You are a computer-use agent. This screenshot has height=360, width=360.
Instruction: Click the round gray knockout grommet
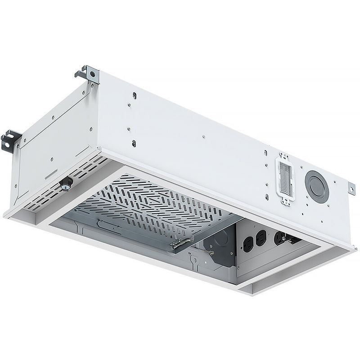pos(317,186)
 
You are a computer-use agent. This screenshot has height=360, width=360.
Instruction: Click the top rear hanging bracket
pos(90,74)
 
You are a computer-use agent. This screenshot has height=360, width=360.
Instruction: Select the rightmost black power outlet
pos(279,237)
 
